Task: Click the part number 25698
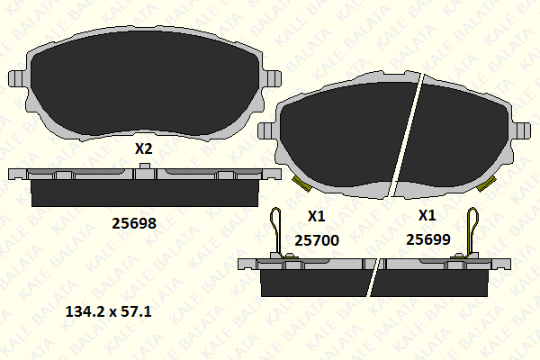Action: click(133, 223)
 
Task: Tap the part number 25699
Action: click(427, 239)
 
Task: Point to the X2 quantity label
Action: click(143, 149)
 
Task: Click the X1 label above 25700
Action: click(316, 216)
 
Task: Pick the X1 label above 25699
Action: click(427, 216)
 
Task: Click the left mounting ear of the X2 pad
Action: click(14, 77)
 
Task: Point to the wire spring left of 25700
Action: click(278, 229)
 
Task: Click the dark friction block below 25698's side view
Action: click(144, 192)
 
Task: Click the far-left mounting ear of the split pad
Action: click(265, 131)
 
